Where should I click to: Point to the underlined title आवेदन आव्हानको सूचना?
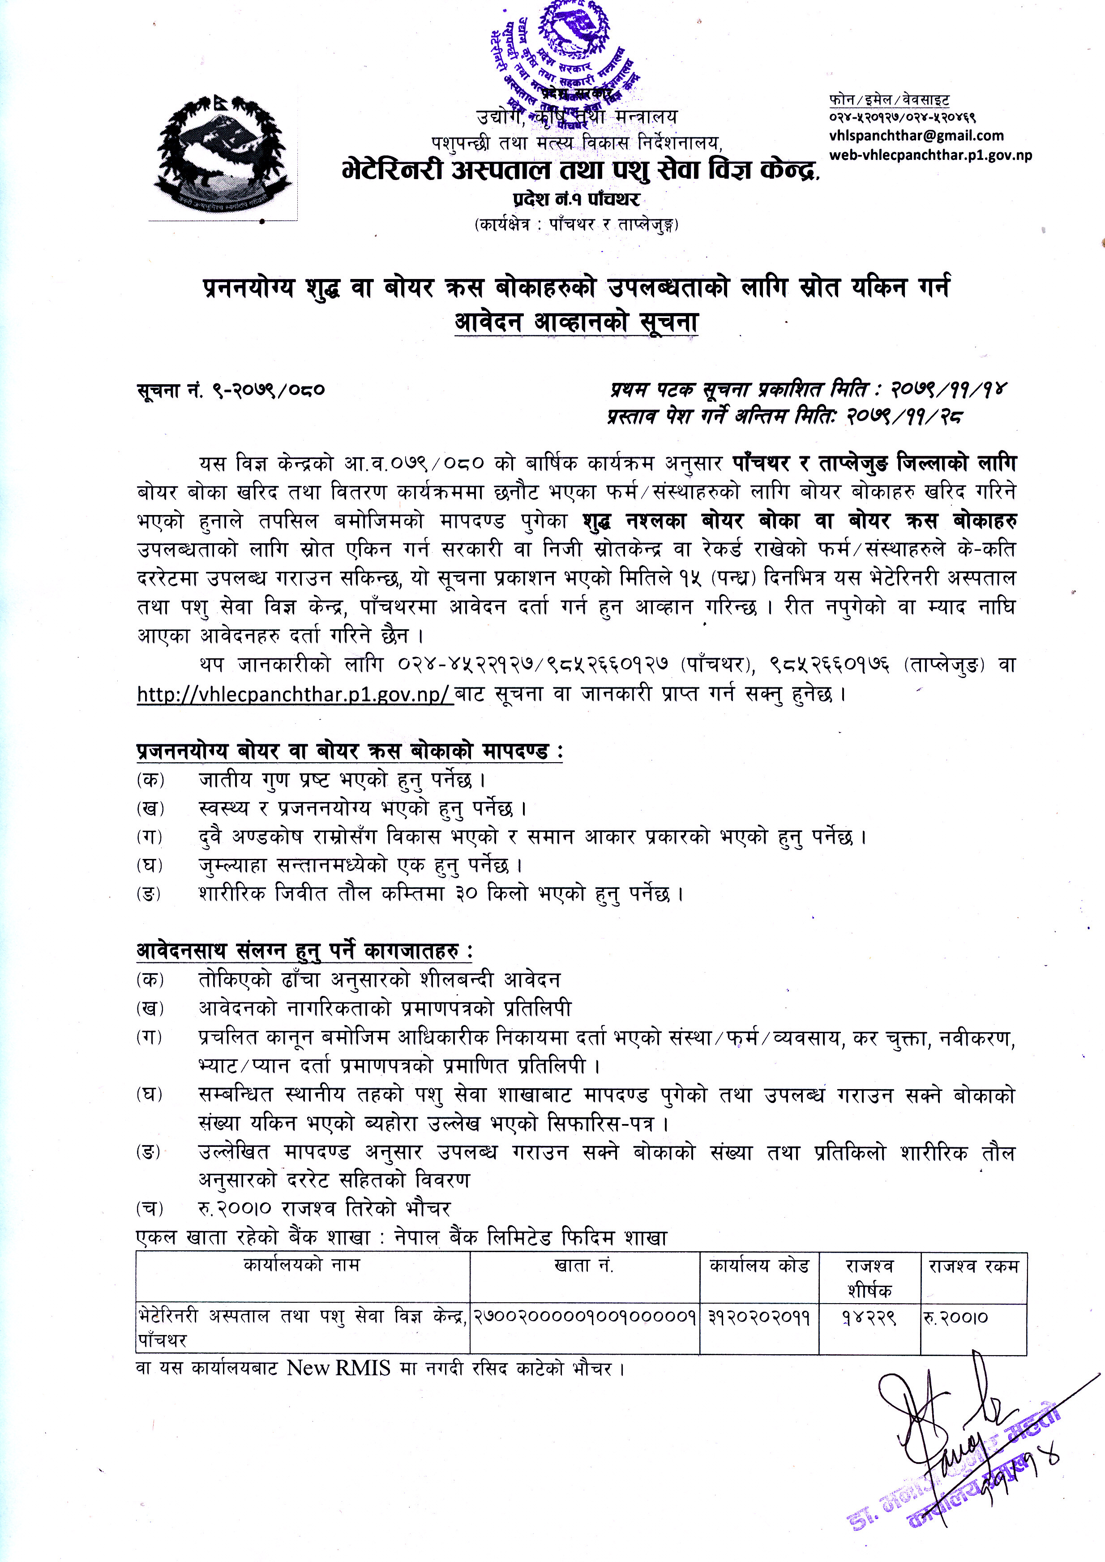tap(576, 322)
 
